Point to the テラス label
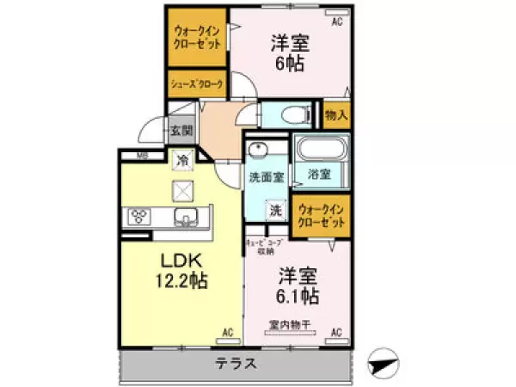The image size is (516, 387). [x=236, y=363]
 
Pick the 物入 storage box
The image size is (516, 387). [x=336, y=114]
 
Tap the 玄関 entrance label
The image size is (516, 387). [x=181, y=132]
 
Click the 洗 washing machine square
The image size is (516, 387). [x=275, y=209]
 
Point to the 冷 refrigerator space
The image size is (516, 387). [x=182, y=159]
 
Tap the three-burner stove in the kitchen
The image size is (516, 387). [x=139, y=216]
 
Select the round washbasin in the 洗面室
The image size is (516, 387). [x=255, y=151]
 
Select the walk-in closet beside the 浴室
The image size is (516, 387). [x=322, y=216]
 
